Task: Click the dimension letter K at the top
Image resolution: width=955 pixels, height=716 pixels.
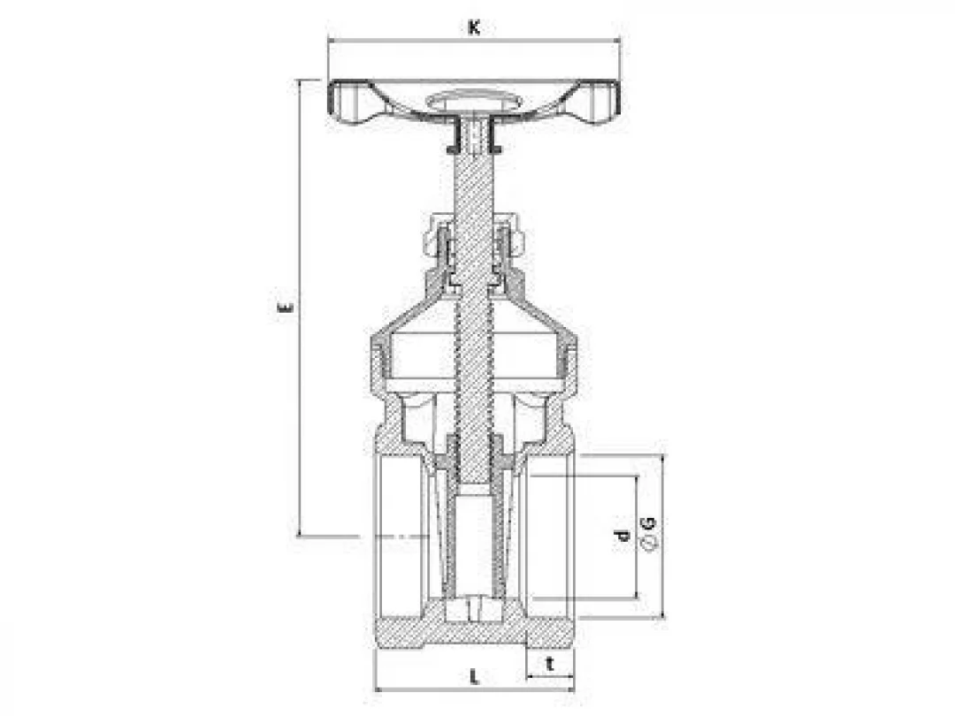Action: [x=474, y=27]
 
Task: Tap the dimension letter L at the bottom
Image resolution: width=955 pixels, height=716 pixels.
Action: [x=475, y=676]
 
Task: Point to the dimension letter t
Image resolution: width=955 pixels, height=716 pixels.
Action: [x=550, y=664]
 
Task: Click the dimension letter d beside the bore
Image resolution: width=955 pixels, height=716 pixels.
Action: [x=622, y=536]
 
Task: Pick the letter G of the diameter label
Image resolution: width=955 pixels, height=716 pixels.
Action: [x=649, y=522]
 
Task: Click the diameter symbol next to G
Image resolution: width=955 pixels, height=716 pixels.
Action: [x=649, y=543]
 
